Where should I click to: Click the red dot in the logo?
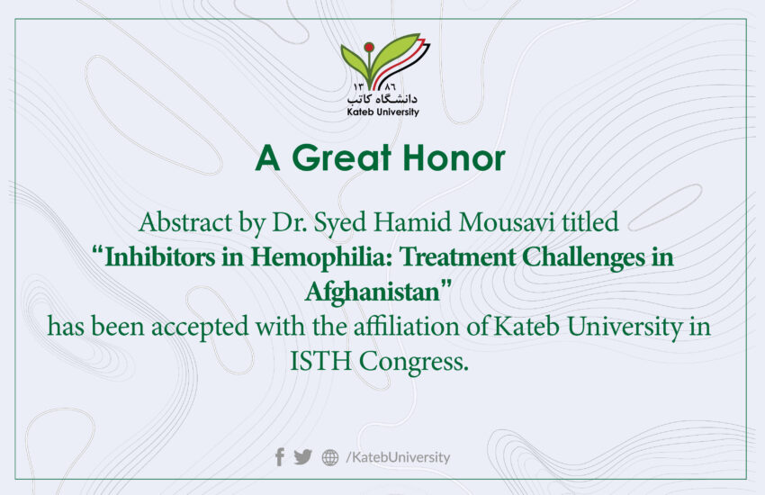point(369,48)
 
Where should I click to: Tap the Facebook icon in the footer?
point(280,457)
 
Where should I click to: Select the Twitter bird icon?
point(303,457)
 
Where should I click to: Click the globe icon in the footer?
point(330,457)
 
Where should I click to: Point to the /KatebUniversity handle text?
point(398,457)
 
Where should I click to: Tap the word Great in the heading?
point(342,158)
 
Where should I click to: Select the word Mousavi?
point(507,222)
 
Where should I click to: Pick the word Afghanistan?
point(373,292)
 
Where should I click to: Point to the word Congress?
point(414,363)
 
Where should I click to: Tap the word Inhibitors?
point(160,257)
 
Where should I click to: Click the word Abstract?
point(185,222)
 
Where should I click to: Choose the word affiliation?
point(407,327)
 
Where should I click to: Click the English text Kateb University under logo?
point(383,112)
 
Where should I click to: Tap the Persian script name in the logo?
point(383,98)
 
